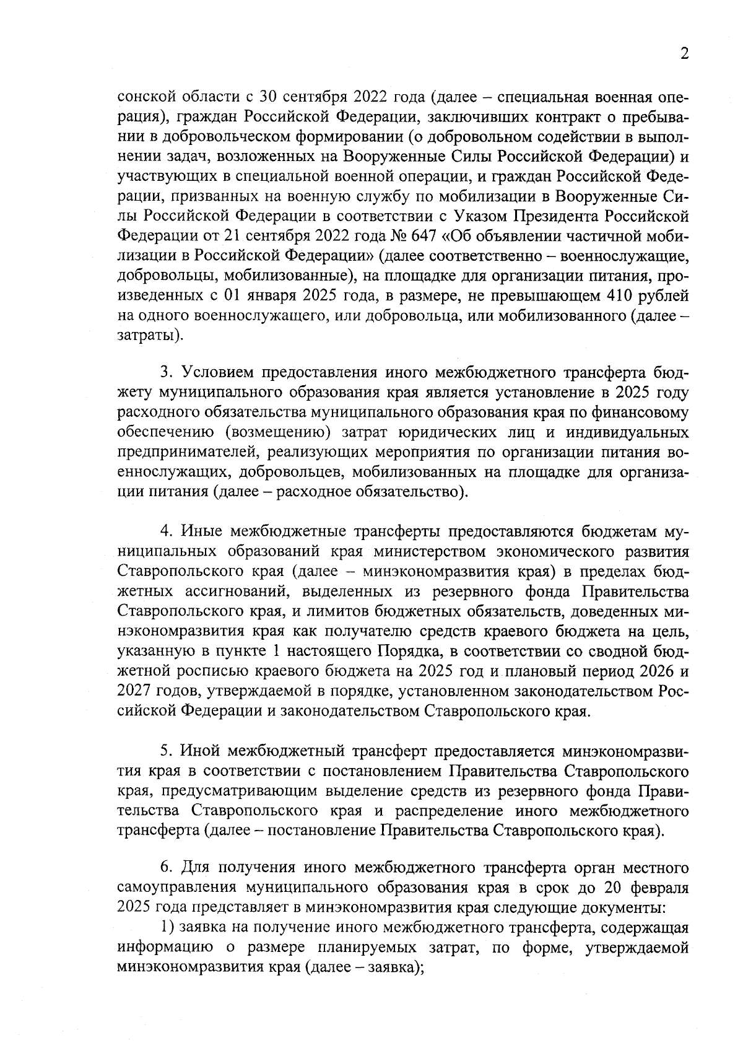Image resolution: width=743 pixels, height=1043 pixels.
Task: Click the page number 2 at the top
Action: click(x=684, y=54)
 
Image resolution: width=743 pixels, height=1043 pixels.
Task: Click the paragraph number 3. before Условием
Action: click(x=166, y=373)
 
